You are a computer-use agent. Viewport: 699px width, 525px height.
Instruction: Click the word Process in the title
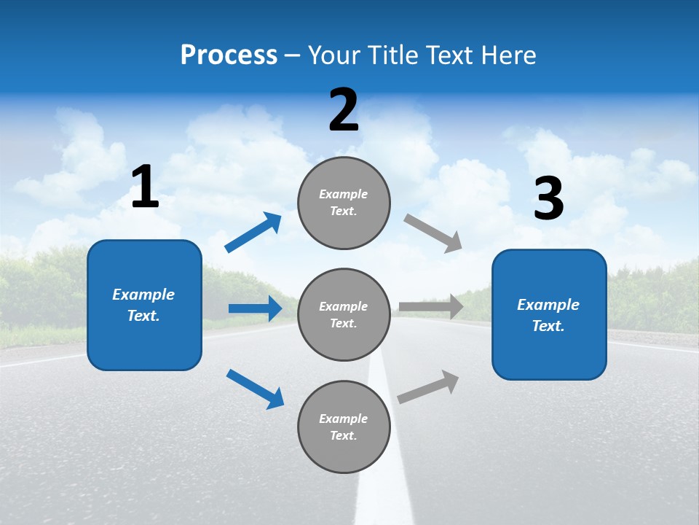click(229, 55)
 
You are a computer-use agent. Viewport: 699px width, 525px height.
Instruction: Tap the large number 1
click(145, 187)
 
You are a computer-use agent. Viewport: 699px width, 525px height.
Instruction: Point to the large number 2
click(344, 110)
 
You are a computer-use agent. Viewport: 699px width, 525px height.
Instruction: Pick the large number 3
click(548, 198)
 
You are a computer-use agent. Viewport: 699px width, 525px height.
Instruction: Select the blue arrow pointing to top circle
click(253, 232)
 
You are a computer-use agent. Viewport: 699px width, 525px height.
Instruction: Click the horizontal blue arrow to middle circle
click(255, 308)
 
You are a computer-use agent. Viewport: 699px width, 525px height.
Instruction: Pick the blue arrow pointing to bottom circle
click(255, 388)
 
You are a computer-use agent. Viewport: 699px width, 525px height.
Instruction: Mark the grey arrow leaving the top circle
click(433, 233)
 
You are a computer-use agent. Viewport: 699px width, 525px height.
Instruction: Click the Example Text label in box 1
click(143, 305)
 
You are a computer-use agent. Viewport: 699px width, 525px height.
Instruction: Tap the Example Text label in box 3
click(548, 315)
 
